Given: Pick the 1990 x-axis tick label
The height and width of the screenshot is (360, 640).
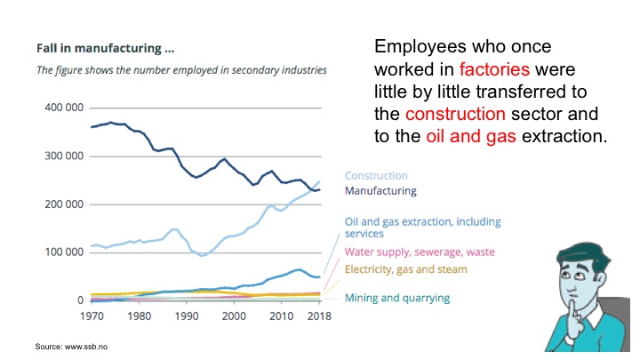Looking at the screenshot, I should coord(186,316).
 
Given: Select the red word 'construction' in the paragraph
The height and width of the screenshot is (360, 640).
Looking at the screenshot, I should coord(455,115).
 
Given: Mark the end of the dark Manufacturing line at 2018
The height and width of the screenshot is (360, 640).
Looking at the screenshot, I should coord(319,189).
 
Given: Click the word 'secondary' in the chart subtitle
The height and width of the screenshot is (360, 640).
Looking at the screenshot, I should coord(234,68).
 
